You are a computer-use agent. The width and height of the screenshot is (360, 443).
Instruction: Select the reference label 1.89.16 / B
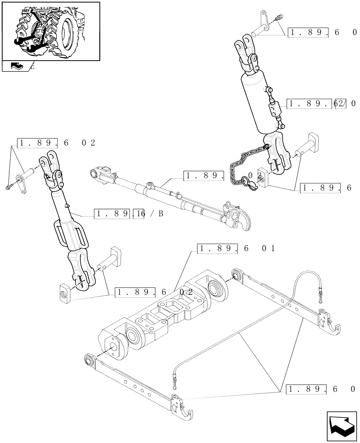(129, 214)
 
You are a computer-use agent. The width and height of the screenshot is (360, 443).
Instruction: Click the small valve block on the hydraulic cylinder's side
(273, 108)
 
